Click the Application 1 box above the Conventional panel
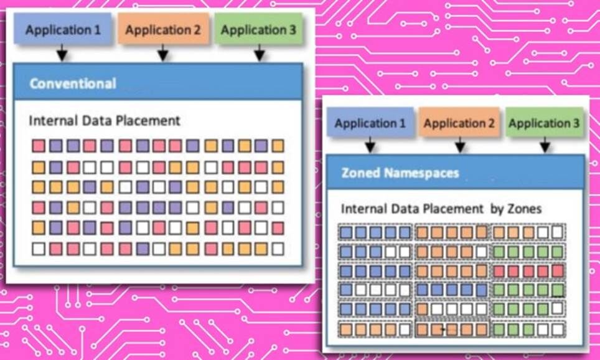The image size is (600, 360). (62, 29)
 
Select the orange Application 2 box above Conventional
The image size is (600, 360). (163, 29)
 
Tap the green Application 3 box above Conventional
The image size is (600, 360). (258, 29)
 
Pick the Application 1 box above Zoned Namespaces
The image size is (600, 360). (370, 124)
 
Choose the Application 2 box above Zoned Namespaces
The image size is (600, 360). (459, 124)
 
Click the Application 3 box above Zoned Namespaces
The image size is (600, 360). (544, 124)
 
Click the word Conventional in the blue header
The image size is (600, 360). (73, 83)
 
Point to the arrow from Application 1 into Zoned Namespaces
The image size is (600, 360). (370, 146)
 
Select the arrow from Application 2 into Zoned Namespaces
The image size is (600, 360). (460, 146)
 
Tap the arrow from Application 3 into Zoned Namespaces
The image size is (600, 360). (545, 146)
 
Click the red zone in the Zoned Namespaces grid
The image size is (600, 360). (528, 272)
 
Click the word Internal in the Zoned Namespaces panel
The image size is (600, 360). (363, 209)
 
